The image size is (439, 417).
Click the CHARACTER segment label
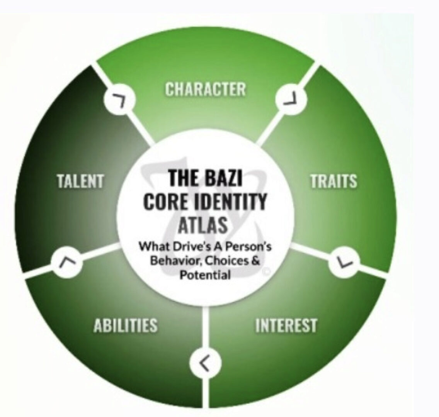coord(205,89)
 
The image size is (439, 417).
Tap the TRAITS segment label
coord(334,181)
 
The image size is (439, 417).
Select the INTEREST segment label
coord(286,325)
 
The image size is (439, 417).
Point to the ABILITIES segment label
coord(126,325)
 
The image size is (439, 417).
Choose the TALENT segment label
coord(80,181)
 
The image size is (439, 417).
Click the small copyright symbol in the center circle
coord(266,272)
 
